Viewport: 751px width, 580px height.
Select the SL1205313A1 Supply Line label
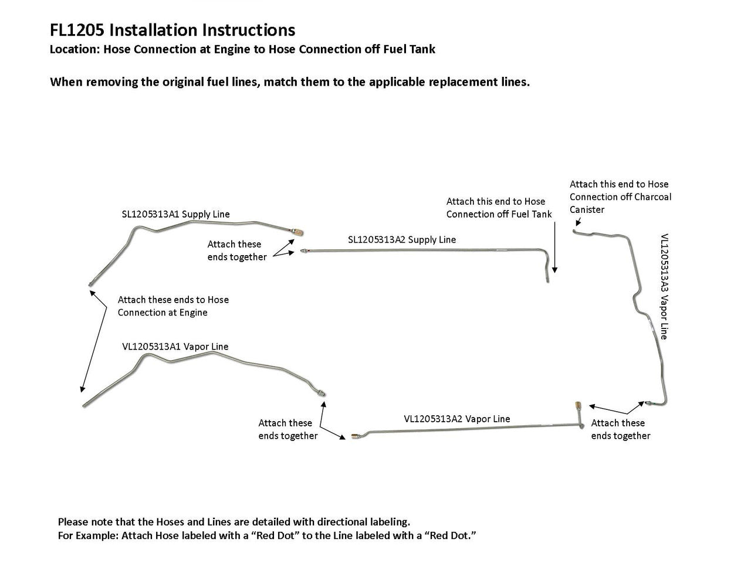(176, 214)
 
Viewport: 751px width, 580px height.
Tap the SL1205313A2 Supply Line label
(402, 239)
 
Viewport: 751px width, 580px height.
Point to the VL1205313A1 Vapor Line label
(175, 346)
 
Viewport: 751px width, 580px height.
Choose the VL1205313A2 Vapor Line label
(457, 419)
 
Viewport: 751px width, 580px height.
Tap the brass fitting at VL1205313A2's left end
(355, 436)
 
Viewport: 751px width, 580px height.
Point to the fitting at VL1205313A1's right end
(322, 393)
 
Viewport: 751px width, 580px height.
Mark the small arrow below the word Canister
(578, 222)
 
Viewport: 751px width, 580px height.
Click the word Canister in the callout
(587, 209)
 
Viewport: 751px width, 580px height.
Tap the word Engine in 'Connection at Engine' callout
(194, 312)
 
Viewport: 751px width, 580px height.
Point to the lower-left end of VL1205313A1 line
(84, 405)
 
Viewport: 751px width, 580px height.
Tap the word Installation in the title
(151, 30)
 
